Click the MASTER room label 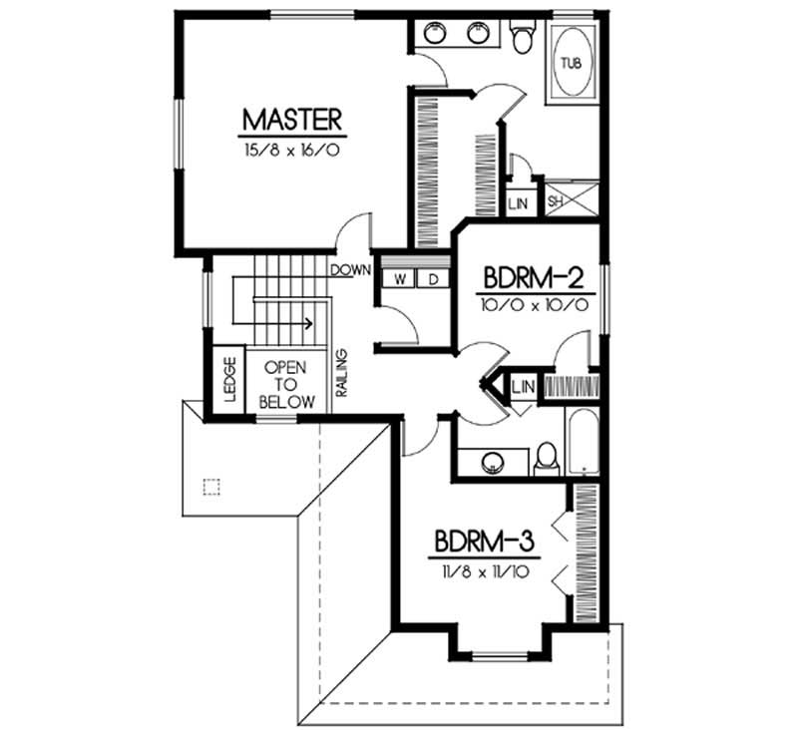[292, 120]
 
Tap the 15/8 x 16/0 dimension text [292, 151]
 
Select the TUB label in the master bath [570, 63]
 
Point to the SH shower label [556, 201]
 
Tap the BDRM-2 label [527, 275]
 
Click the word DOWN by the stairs [351, 269]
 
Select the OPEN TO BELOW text [287, 384]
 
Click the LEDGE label [228, 379]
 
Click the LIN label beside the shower [518, 202]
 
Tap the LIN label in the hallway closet [522, 386]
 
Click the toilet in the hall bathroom [546, 458]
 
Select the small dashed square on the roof [209, 487]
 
